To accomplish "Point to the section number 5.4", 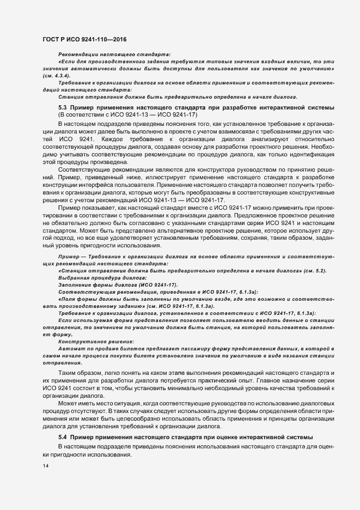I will [62, 438].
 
